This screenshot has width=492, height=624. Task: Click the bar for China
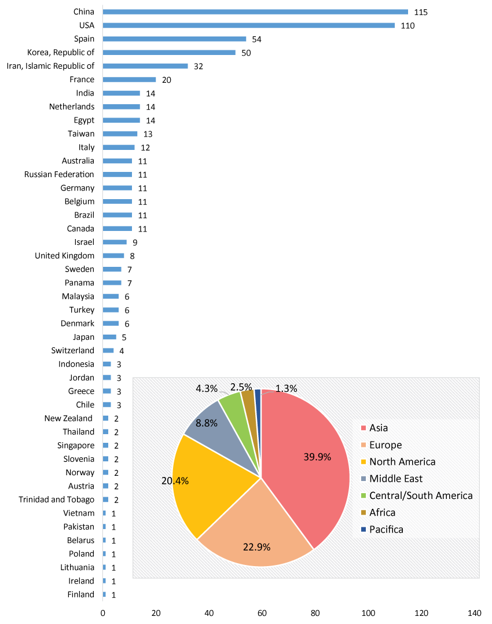(x=255, y=12)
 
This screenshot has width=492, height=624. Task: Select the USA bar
(x=249, y=25)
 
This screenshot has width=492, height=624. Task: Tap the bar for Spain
(x=174, y=39)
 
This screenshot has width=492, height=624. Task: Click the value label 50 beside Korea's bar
(x=247, y=53)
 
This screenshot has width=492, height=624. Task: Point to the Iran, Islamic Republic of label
(x=50, y=66)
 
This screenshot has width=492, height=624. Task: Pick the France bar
(x=129, y=79)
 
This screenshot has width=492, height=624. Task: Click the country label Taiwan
(x=81, y=134)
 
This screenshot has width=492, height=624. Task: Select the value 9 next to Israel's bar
(x=135, y=243)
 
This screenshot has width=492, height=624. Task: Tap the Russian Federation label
(x=59, y=174)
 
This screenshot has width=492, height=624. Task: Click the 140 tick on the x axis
(x=474, y=613)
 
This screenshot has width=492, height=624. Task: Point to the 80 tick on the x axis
(x=315, y=613)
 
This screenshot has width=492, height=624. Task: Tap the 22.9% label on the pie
(x=256, y=547)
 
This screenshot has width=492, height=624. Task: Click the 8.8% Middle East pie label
(x=207, y=423)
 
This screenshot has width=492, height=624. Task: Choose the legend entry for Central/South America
(x=421, y=495)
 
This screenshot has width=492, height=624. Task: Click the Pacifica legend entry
(x=386, y=530)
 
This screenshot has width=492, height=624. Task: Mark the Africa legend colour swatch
(x=364, y=513)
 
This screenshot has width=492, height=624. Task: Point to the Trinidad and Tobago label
(x=56, y=500)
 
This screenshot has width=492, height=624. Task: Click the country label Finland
(x=80, y=594)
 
